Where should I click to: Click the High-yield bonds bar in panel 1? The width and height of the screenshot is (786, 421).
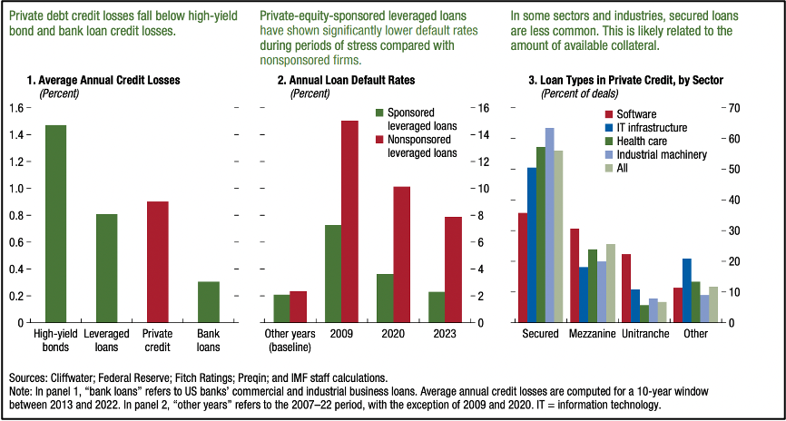pos(55,223)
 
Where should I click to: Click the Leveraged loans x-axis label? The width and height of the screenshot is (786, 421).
pos(106,340)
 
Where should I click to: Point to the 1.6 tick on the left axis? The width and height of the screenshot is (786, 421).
pos(18,108)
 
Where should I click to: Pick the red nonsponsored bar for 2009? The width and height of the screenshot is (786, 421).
pos(349,221)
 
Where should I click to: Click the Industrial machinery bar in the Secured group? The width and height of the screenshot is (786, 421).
pos(549,225)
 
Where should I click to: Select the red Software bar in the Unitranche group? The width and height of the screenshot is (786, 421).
pos(626,288)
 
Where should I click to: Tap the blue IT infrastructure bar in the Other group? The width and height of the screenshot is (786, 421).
pos(687,290)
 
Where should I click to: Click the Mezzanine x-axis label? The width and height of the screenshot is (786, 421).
pos(593,334)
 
